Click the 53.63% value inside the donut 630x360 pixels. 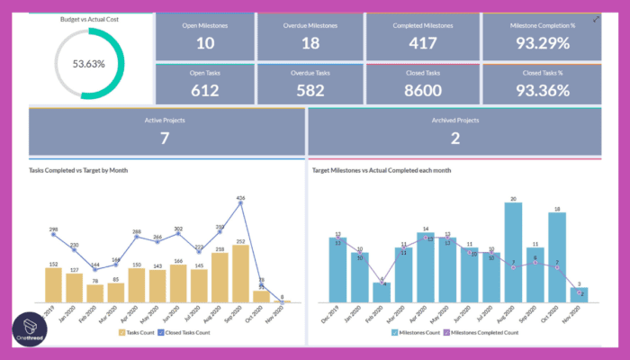pyautogui.click(x=87, y=64)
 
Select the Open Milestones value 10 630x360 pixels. pyautogui.click(x=205, y=44)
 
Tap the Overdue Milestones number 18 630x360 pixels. pyautogui.click(x=310, y=44)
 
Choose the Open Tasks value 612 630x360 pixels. pyautogui.click(x=205, y=90)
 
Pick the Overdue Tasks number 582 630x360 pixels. pyautogui.click(x=310, y=90)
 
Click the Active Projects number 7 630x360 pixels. pyautogui.click(x=165, y=138)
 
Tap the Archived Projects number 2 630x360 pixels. pyautogui.click(x=454, y=138)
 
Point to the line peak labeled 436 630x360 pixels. pyautogui.click(x=241, y=202)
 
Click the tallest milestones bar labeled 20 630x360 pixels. pyautogui.click(x=513, y=252)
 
